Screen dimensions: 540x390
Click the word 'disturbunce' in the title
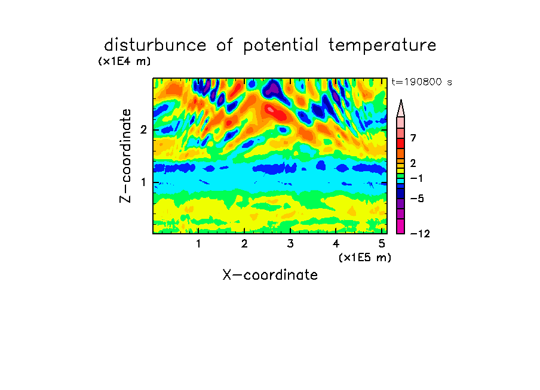click(x=155, y=45)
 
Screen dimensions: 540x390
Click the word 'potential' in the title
click(x=281, y=46)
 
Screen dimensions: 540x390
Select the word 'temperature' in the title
click(x=382, y=46)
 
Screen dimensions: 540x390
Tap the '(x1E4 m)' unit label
click(x=124, y=61)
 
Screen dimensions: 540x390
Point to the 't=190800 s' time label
click(x=422, y=82)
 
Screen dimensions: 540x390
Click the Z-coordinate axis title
click(x=125, y=156)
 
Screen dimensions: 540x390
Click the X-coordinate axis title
click(x=270, y=275)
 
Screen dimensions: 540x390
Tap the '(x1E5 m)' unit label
click(x=365, y=258)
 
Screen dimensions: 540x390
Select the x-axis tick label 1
click(x=198, y=244)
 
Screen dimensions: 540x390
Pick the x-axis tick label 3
click(x=290, y=244)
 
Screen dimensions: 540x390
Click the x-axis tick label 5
click(x=382, y=244)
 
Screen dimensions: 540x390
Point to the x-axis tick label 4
click(x=336, y=244)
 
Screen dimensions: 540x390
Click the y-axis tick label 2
click(x=143, y=130)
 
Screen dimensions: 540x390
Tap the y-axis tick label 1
click(x=143, y=182)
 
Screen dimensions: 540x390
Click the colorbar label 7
click(x=413, y=138)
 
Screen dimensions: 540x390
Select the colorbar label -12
click(x=420, y=234)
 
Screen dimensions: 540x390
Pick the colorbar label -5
click(x=417, y=199)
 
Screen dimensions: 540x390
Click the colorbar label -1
click(x=416, y=178)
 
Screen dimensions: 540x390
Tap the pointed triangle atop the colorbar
click(x=401, y=108)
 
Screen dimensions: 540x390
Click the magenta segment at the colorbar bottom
click(x=401, y=226)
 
